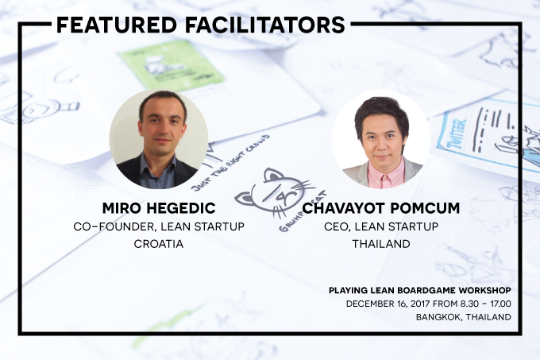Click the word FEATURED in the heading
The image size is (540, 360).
pyautogui.click(x=117, y=25)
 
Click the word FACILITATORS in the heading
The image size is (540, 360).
pyautogui.click(x=265, y=25)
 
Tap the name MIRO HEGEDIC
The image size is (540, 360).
pyautogui.click(x=159, y=208)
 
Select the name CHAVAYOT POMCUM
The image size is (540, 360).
pyautogui.click(x=381, y=208)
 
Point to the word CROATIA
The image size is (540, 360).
pyautogui.click(x=159, y=244)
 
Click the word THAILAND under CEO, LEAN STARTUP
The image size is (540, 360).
pyautogui.click(x=381, y=244)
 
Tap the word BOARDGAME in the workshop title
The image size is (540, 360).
pyautogui.click(x=426, y=290)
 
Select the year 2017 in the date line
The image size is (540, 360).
pyautogui.click(x=420, y=304)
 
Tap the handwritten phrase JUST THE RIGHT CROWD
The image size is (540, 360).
pyautogui.click(x=230, y=163)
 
